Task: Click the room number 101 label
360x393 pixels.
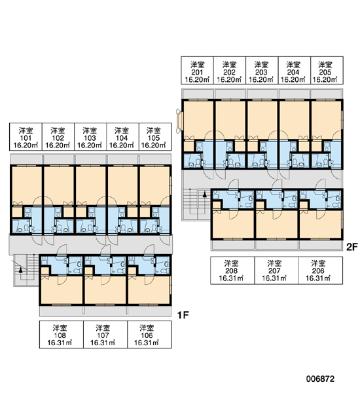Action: pyautogui.click(x=26, y=138)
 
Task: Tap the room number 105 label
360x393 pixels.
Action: pyautogui.click(x=154, y=138)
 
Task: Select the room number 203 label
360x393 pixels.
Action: pyautogui.click(x=261, y=72)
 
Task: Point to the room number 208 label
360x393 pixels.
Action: pyautogui.click(x=232, y=271)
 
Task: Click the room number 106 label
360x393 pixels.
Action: pyautogui.click(x=147, y=335)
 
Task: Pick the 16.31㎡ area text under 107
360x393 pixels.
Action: pyautogui.click(x=103, y=343)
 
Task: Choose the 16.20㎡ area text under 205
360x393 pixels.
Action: pyautogui.click(x=325, y=79)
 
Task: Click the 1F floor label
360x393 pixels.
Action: pyautogui.click(x=183, y=315)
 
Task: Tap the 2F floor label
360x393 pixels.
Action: pyautogui.click(x=351, y=247)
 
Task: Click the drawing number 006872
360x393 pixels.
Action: pyautogui.click(x=320, y=379)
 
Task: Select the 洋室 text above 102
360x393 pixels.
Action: pyautogui.click(x=58, y=130)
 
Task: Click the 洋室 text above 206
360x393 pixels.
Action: pyautogui.click(x=318, y=263)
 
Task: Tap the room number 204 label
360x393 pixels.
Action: pyautogui.click(x=293, y=72)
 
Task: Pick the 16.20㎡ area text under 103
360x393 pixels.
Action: pyautogui.click(x=90, y=145)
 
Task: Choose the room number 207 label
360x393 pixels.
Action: pyautogui.click(x=274, y=271)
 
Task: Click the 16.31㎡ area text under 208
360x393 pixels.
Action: pyautogui.click(x=231, y=278)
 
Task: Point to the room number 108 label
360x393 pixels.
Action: pyautogui.click(x=60, y=335)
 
